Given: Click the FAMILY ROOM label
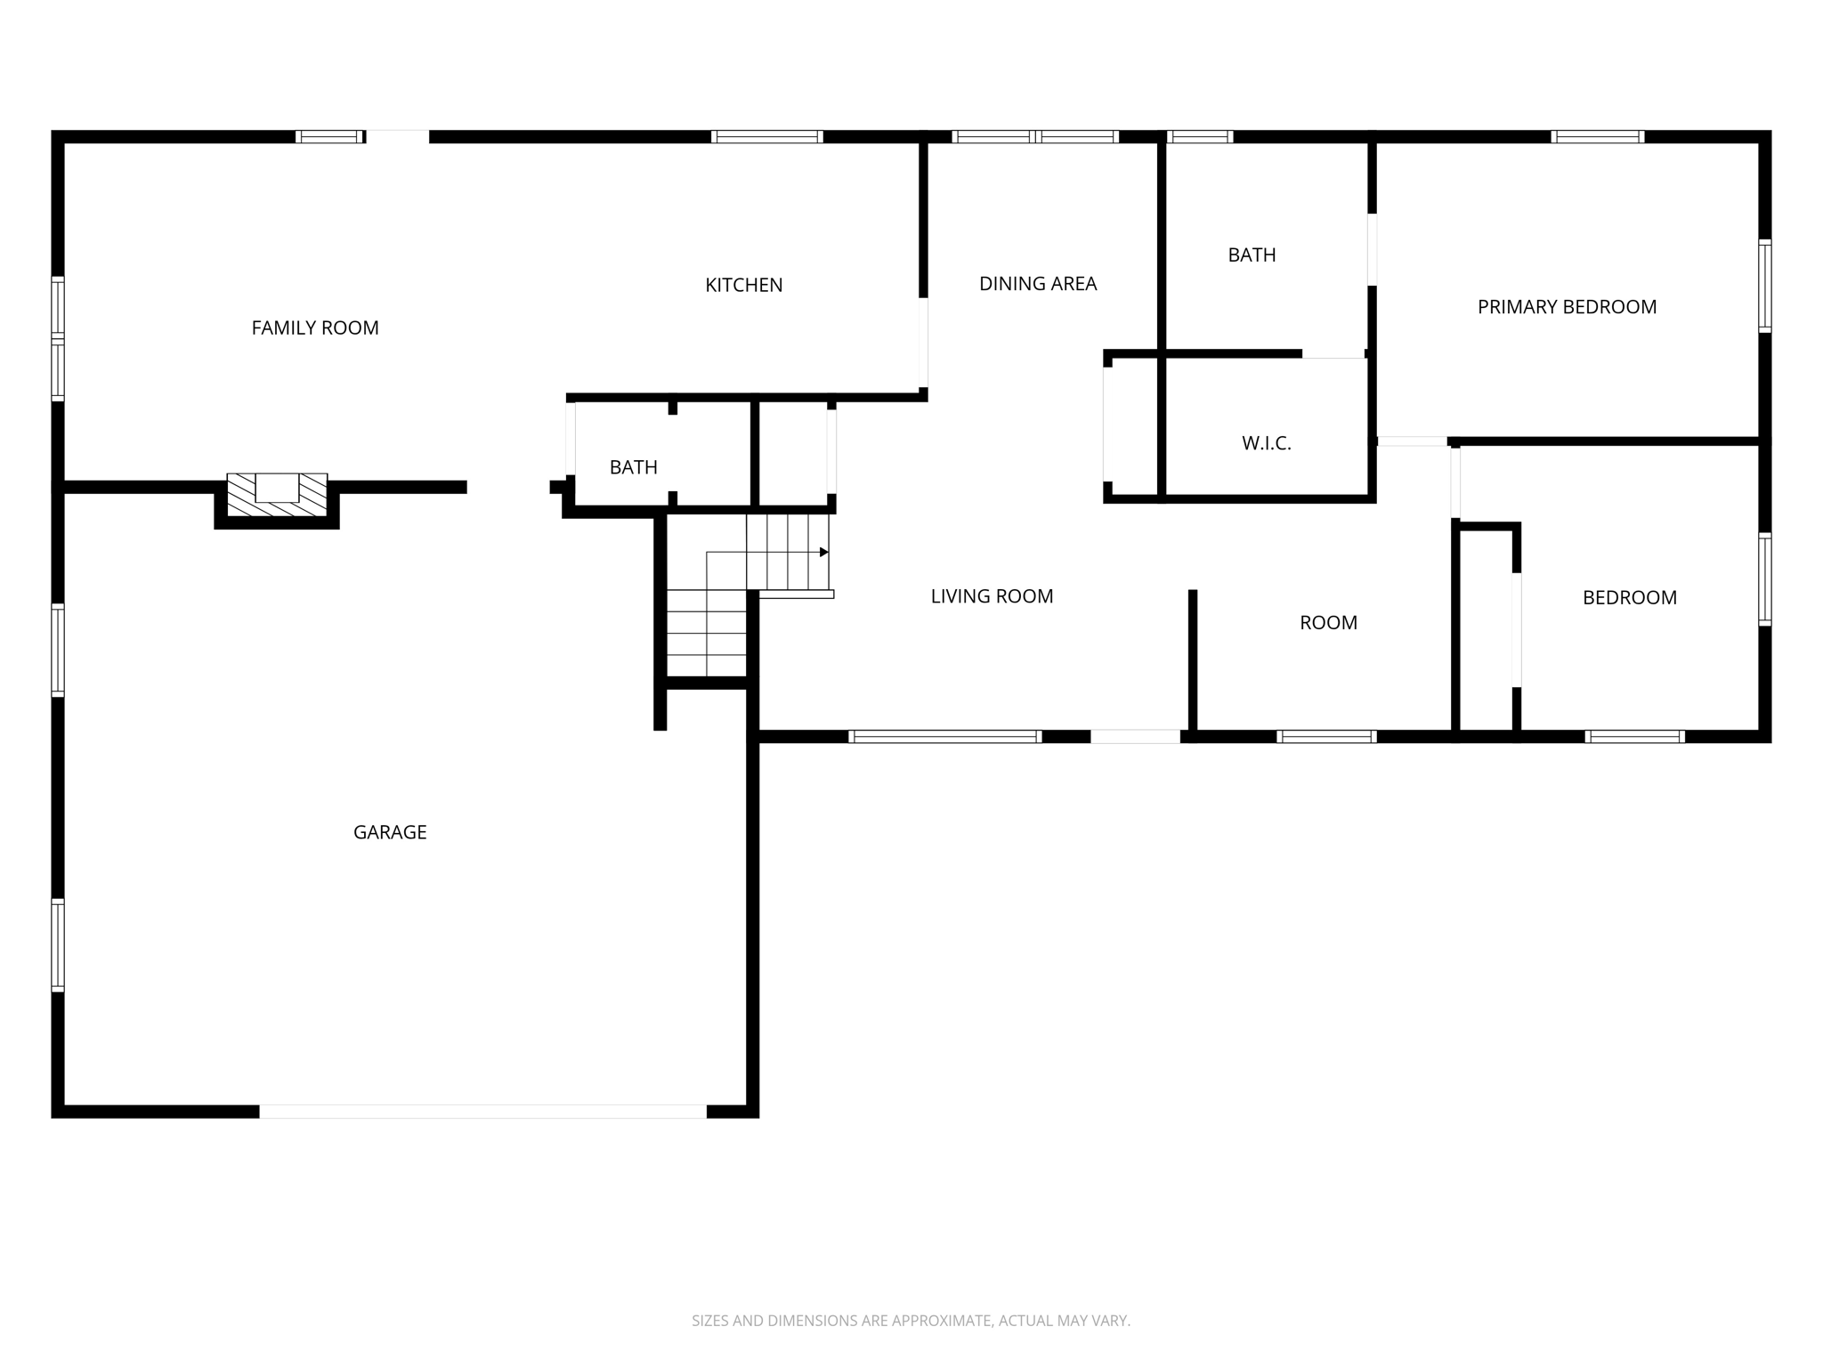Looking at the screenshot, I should pos(315,328).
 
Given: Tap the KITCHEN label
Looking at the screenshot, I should pos(743,286).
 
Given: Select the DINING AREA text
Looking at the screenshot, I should pos(1037,284).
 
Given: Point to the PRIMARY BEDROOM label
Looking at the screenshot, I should pos(1567,307).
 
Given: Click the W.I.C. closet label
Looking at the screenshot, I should pos(1266,443).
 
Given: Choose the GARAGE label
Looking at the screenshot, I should pos(390,832).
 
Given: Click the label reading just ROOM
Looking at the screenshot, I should pos(1328,623).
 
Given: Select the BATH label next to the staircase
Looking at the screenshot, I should pos(633,467).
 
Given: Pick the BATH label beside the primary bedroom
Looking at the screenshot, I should pos(1252,255).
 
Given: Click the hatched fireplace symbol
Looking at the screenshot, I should pos(277,494).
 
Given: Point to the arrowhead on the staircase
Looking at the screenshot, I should pos(824,553).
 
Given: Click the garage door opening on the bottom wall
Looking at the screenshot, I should pos(482,1112).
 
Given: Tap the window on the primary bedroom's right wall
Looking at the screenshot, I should pos(1764,286).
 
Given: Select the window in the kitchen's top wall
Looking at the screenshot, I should pos(766,137).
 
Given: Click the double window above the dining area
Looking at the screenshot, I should pos(1034,137).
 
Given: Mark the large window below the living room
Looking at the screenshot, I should pos(944,737).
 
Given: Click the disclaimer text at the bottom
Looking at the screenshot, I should pos(911,1321).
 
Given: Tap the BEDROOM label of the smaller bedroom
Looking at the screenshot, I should pos(1629,598).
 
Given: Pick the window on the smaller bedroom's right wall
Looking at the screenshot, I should pos(1764,578).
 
